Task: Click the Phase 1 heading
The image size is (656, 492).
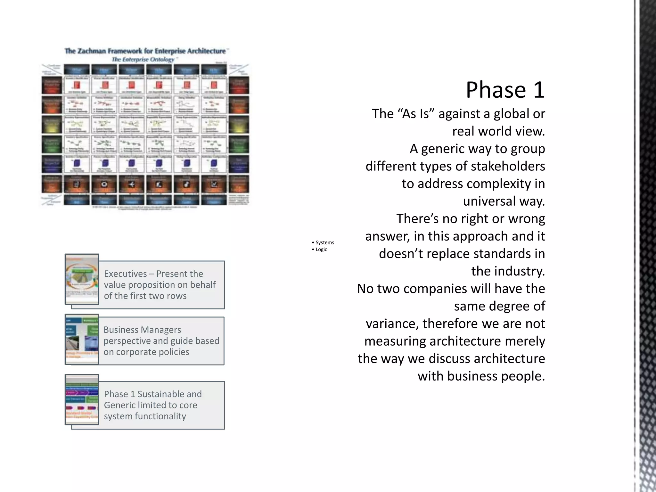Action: point(505,90)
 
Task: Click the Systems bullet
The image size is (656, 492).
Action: point(324,242)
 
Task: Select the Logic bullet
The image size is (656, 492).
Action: point(321,250)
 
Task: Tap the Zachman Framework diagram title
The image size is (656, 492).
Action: point(145,51)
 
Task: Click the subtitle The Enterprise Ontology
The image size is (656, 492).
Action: point(143,60)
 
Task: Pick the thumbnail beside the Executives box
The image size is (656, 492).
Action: point(82,279)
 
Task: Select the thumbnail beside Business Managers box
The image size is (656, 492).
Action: point(82,339)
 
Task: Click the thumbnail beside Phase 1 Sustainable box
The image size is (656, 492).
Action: point(82,399)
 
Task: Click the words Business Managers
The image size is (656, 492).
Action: point(142,330)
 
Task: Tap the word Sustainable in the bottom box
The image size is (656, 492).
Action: point(169,394)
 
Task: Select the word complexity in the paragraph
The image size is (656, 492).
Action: point(499,184)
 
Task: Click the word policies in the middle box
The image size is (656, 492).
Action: point(173,352)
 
